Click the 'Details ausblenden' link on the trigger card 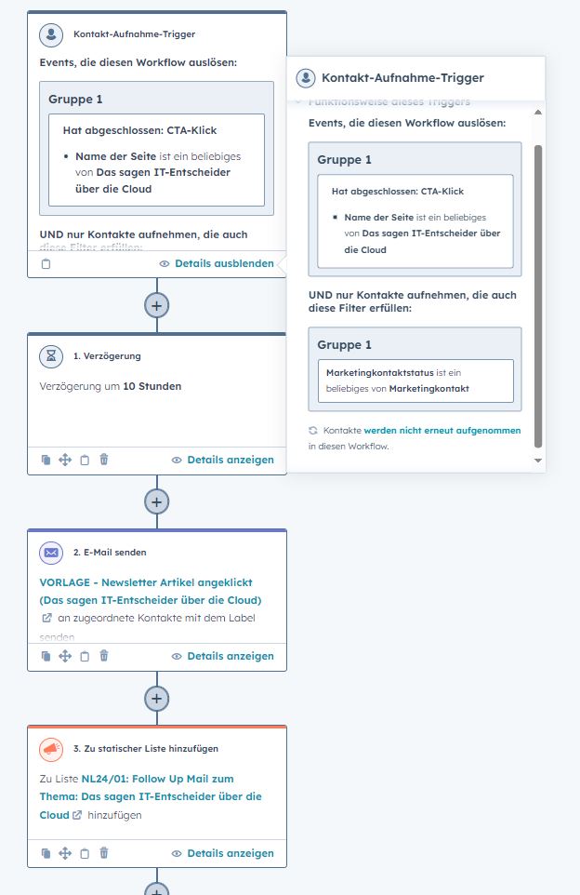pyautogui.click(x=224, y=263)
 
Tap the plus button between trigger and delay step pyautogui.click(x=157, y=305)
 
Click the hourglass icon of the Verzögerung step pyautogui.click(x=51, y=356)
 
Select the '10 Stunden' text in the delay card pyautogui.click(x=152, y=386)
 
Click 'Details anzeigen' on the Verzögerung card pyautogui.click(x=230, y=460)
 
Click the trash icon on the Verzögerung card pyautogui.click(x=104, y=460)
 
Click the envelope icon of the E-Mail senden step pyautogui.click(x=51, y=553)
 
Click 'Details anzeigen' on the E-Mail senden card pyautogui.click(x=230, y=656)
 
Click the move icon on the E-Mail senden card pyautogui.click(x=65, y=656)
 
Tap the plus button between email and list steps pyautogui.click(x=157, y=698)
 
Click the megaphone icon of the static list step pyautogui.click(x=51, y=749)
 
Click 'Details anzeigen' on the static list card pyautogui.click(x=230, y=853)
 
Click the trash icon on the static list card pyautogui.click(x=104, y=853)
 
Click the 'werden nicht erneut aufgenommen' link pyautogui.click(x=442, y=431)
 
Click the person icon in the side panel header pyautogui.click(x=305, y=78)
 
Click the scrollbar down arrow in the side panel pyautogui.click(x=537, y=461)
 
